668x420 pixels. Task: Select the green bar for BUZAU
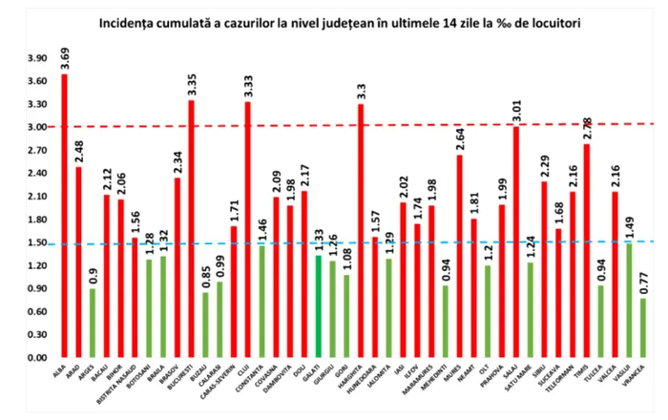(x=205, y=325)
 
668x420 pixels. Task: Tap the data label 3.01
(x=515, y=110)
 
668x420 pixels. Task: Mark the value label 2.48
(x=79, y=151)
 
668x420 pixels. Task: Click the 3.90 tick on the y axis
(x=36, y=57)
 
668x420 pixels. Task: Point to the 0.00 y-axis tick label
(x=36, y=358)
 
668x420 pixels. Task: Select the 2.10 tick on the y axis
(x=36, y=196)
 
